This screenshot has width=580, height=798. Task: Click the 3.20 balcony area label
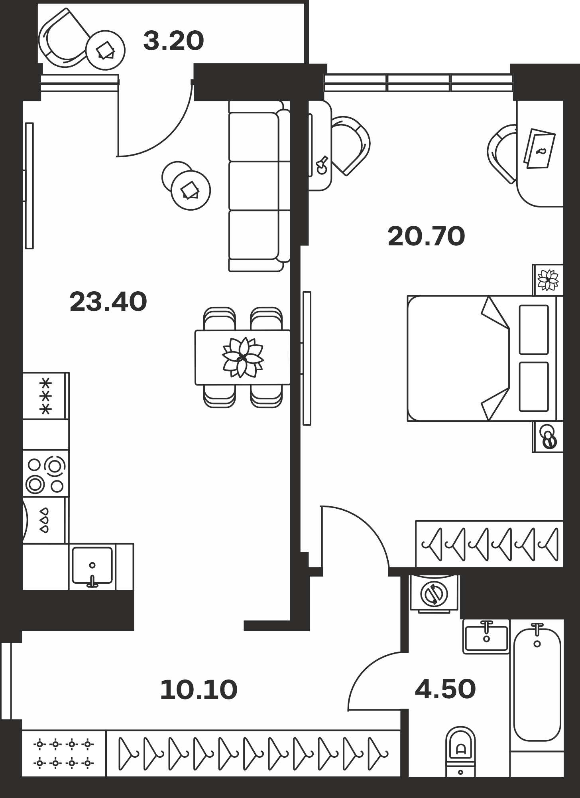173,41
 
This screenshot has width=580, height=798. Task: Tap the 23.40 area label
108,302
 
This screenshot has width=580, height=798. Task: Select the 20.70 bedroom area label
426,236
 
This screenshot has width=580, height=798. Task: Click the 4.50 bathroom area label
445,689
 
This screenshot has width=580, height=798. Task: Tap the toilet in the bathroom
460,752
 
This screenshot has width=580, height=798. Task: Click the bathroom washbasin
486,637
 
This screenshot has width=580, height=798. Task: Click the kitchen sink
92,566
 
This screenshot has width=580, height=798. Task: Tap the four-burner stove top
45,474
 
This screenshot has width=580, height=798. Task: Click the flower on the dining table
242,357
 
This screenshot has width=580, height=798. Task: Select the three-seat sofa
260,186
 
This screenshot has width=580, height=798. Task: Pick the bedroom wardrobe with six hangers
489,544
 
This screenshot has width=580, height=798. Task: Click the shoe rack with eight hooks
64,753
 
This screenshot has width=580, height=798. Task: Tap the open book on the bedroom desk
539,148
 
